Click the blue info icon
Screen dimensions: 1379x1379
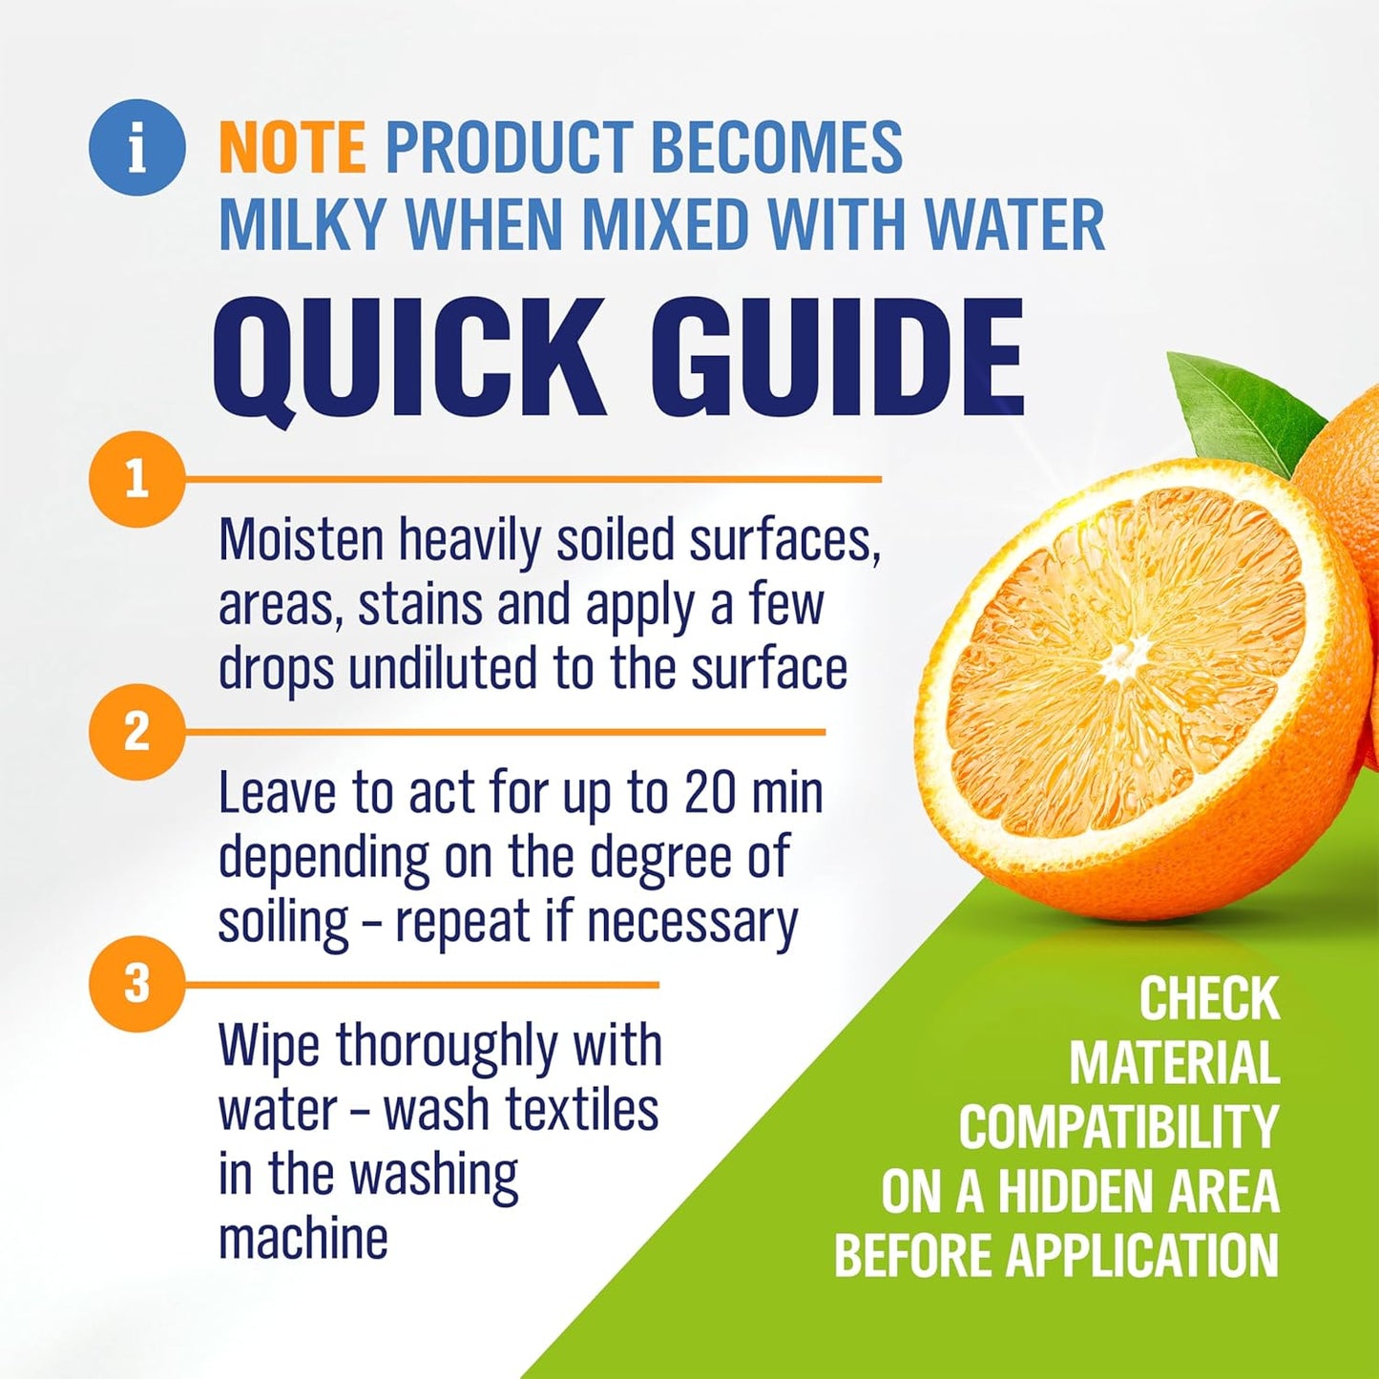click(x=136, y=148)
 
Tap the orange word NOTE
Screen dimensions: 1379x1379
click(x=291, y=148)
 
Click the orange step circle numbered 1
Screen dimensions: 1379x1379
click(x=136, y=478)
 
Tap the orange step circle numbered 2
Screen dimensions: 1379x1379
click(x=136, y=732)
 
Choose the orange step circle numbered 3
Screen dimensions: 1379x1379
click(x=136, y=983)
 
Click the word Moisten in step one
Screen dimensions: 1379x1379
click(x=302, y=541)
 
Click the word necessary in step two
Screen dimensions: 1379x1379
click(x=692, y=922)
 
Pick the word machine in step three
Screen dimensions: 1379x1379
click(x=303, y=1239)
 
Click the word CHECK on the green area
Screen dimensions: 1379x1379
click(x=1208, y=1000)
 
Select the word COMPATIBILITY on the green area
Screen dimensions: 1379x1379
click(x=1118, y=1128)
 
